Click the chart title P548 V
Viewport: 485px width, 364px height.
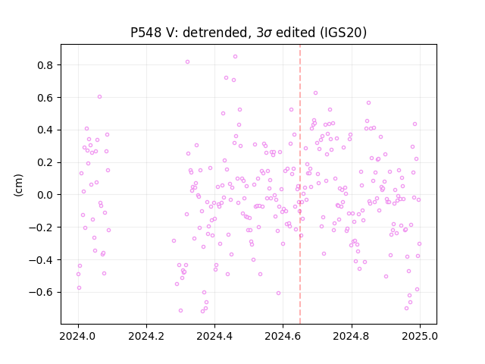click(249, 32)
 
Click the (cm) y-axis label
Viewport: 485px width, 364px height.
click(18, 185)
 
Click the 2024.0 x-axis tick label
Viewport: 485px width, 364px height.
click(78, 336)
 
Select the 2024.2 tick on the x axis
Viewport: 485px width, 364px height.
click(146, 336)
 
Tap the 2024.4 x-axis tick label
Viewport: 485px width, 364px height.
click(214, 336)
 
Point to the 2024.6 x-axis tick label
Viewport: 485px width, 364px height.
click(283, 336)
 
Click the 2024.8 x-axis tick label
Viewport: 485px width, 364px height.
click(352, 336)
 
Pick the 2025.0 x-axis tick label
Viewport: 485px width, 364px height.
click(420, 336)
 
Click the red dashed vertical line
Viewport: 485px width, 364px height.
click(300, 184)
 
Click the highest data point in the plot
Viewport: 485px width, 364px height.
click(236, 57)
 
